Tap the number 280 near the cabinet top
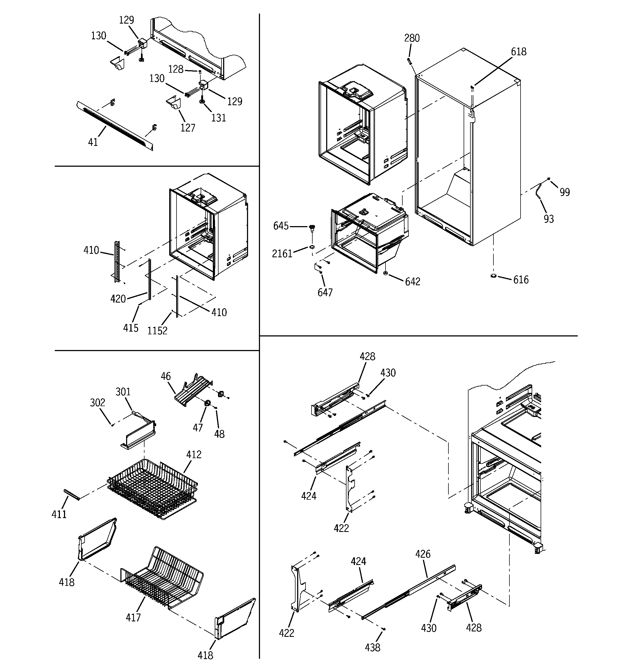(x=412, y=38)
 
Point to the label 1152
(x=157, y=330)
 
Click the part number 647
(x=325, y=292)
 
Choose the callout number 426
(x=423, y=554)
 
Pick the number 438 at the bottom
(x=373, y=647)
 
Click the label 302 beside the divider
(x=98, y=402)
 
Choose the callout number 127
(x=188, y=128)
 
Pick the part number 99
(x=564, y=192)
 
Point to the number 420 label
(x=118, y=299)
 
